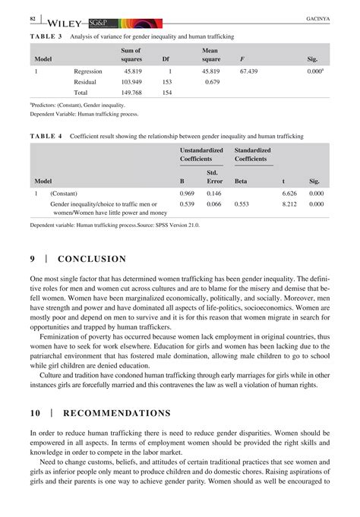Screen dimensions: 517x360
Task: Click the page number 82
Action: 33,17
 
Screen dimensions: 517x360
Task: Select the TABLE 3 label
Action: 47,36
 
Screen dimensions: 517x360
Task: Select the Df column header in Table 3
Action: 166,58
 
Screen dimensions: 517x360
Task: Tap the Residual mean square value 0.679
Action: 213,81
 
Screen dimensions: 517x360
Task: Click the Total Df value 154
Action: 167,93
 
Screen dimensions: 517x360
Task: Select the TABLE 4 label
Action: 47,136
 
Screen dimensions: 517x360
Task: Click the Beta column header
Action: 241,181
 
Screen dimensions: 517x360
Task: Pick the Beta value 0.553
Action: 242,204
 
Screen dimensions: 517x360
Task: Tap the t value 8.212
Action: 289,204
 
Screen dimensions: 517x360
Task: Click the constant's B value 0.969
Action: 187,194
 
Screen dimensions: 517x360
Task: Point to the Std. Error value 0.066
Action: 214,204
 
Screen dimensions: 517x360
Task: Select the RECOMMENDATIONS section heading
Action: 117,413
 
